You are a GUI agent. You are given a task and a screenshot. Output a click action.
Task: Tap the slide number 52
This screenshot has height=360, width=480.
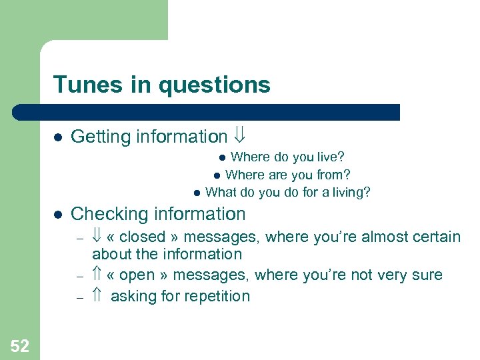click(20, 345)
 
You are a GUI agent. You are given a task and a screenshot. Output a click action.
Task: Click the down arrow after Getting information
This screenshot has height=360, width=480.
click(239, 137)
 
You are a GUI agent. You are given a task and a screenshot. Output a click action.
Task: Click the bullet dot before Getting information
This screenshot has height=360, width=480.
click(58, 137)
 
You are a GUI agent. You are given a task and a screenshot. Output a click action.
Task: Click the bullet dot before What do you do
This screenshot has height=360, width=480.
click(197, 193)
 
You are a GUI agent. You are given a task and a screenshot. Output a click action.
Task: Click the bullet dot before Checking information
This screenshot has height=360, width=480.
click(58, 215)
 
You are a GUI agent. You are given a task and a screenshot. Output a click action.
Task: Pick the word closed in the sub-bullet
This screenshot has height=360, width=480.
click(143, 237)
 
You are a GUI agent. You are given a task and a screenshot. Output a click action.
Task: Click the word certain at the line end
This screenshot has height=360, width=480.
click(437, 237)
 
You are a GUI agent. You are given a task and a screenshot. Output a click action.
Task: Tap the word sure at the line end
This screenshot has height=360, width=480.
click(427, 275)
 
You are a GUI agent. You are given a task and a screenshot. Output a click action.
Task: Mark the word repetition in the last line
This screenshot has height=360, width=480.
click(215, 297)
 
